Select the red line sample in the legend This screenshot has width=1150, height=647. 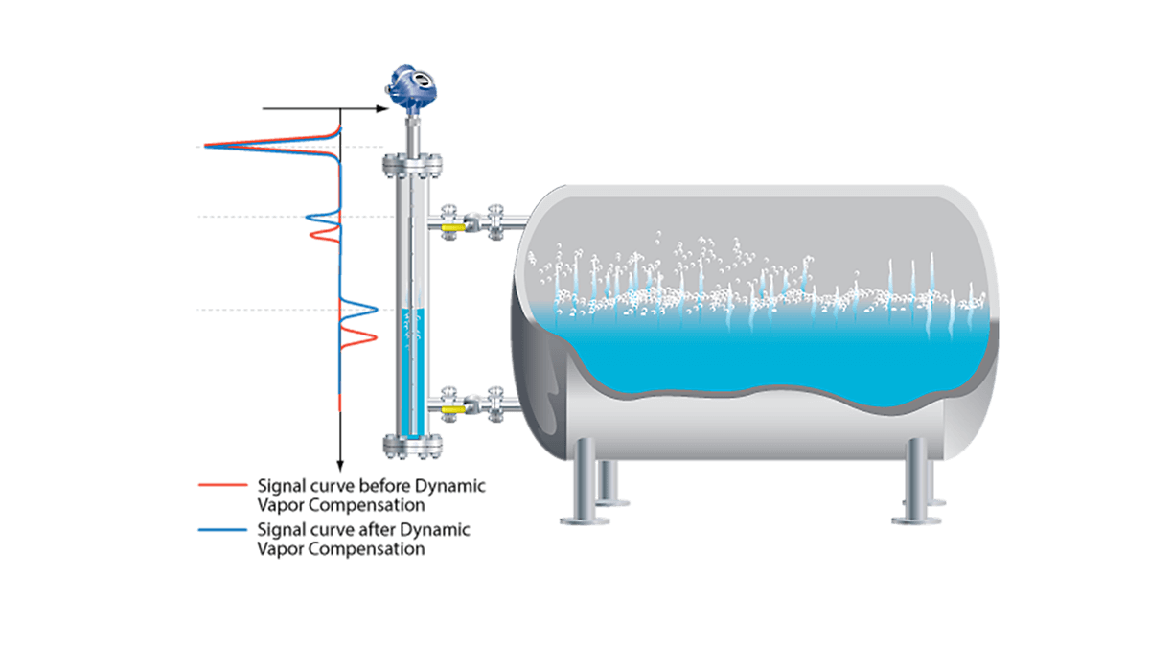221,485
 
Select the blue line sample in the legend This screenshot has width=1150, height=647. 221,529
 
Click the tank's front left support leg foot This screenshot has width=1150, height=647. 584,520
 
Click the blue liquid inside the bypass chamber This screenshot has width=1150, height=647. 414,374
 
